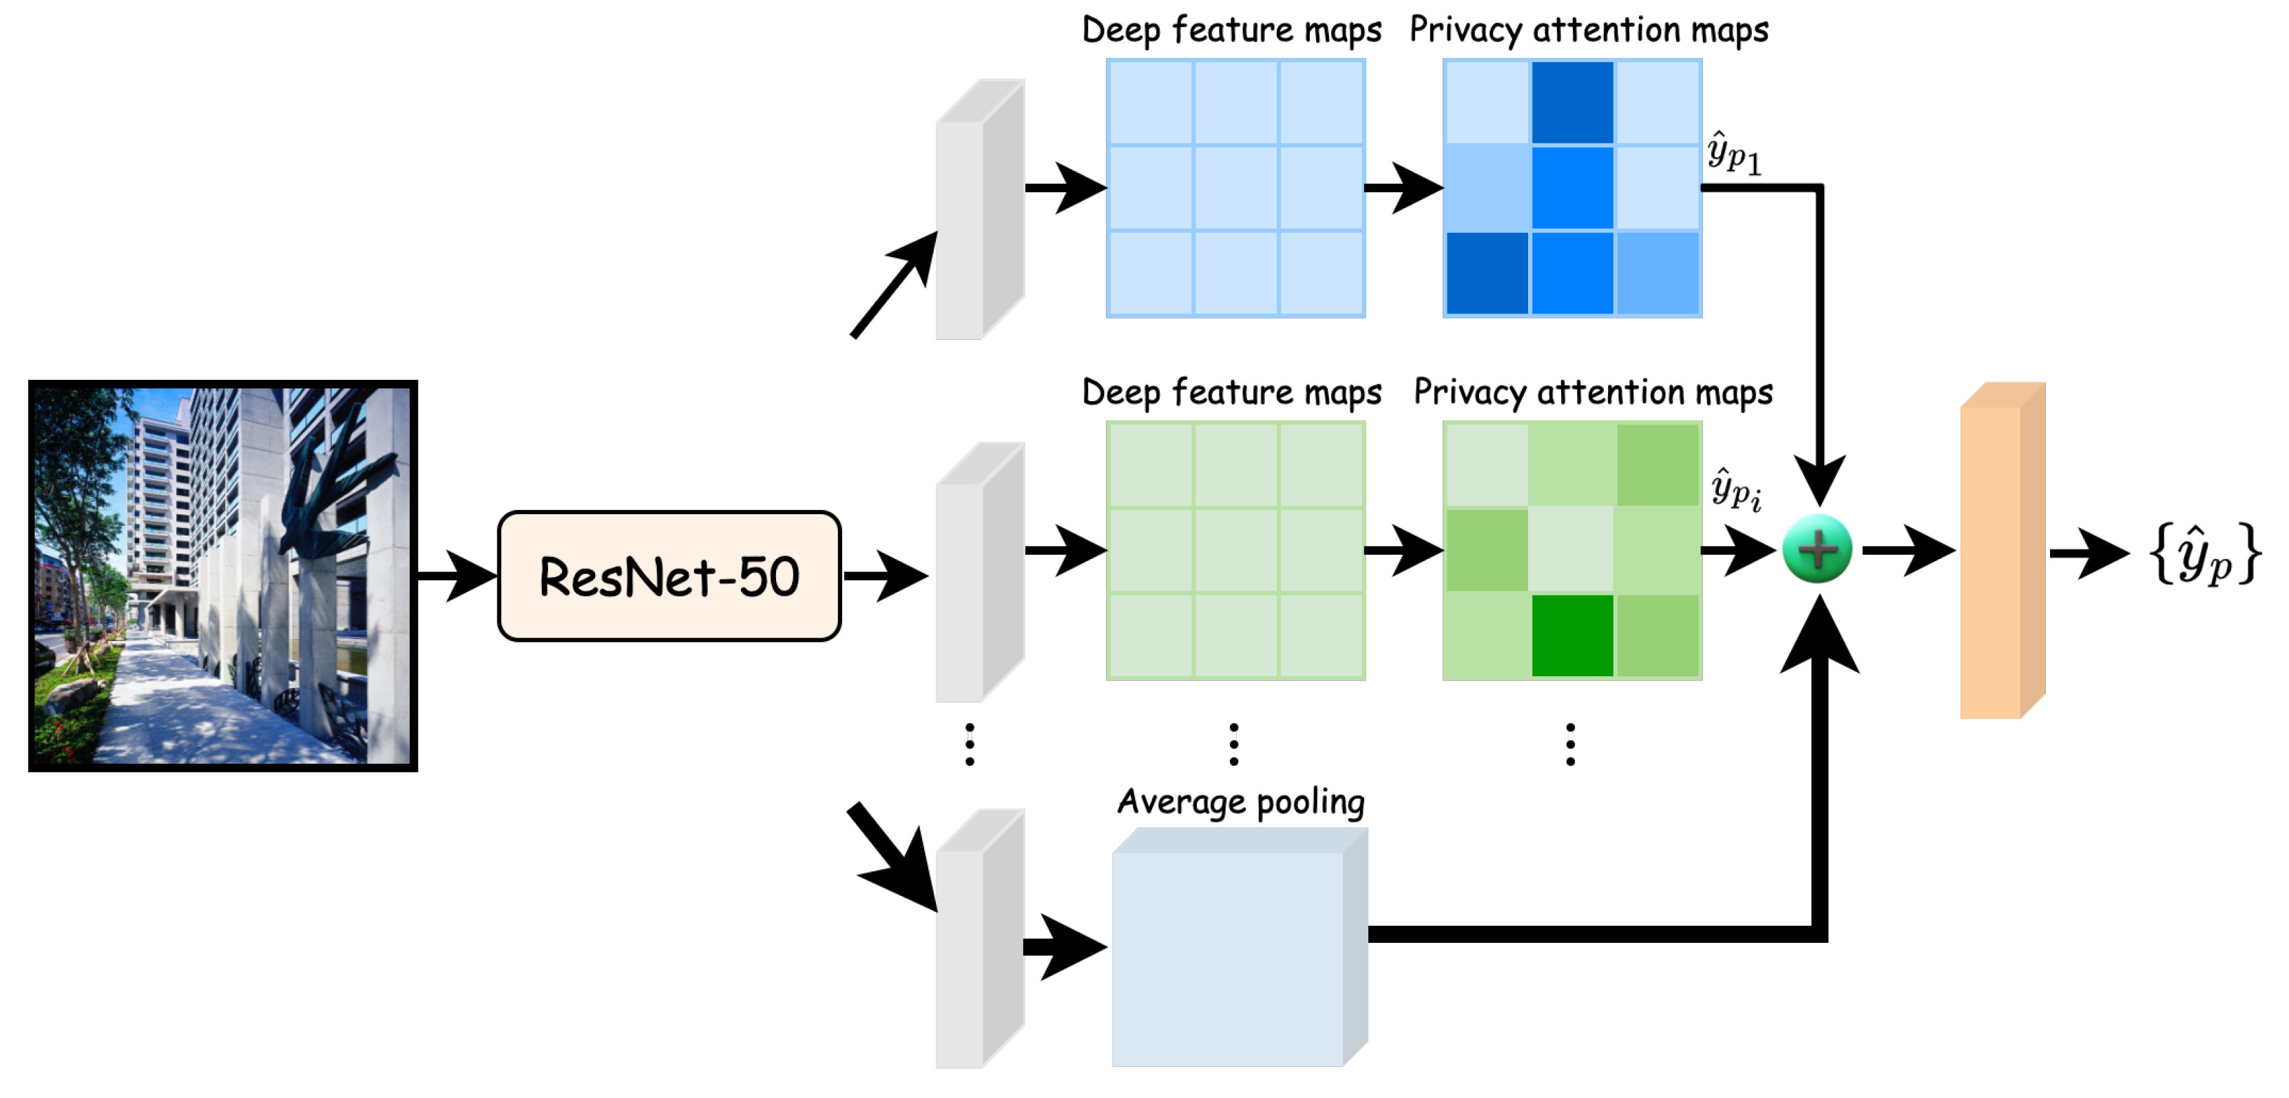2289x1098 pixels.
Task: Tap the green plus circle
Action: pyautogui.click(x=1817, y=549)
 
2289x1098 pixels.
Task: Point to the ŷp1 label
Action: pyautogui.click(x=1733, y=153)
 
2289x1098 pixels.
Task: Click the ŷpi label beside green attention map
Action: pyautogui.click(x=1735, y=489)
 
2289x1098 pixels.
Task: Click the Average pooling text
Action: pyautogui.click(x=1240, y=802)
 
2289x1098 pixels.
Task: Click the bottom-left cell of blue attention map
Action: pyautogui.click(x=1487, y=273)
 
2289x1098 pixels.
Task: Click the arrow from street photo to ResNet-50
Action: pyautogui.click(x=455, y=576)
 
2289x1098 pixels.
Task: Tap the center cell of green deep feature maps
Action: pyautogui.click(x=1235, y=550)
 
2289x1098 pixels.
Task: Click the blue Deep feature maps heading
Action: pyautogui.click(x=1231, y=30)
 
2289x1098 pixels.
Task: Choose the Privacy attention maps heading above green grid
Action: pyautogui.click(x=1592, y=392)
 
